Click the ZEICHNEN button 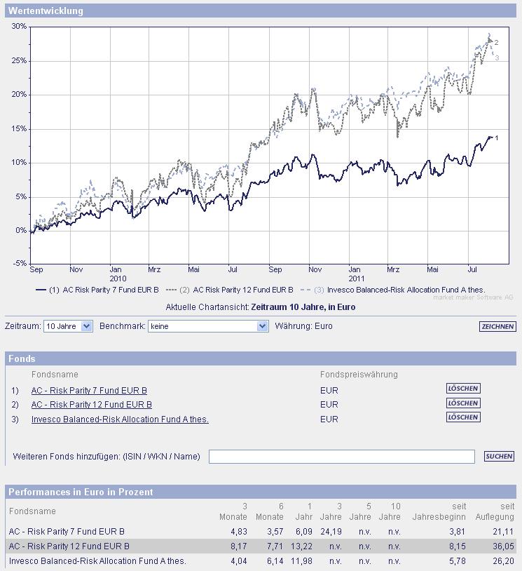pos(497,327)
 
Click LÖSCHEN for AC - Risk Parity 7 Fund pos(463,389)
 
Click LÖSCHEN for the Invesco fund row pos(463,417)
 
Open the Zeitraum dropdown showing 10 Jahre pos(68,326)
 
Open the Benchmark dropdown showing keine pos(208,326)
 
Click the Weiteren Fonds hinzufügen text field pos(341,457)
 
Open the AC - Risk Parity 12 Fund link pos(91,405)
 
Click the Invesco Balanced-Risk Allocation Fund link pos(120,419)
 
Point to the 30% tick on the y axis pos(19,27)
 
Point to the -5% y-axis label pos(18,264)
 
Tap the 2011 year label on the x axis pos(355,278)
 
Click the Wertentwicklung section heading pos(46,11)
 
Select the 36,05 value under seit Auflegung pos(503,546)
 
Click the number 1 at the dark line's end pos(496,138)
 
